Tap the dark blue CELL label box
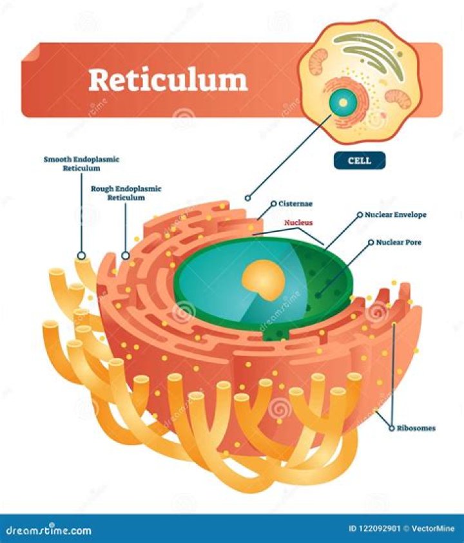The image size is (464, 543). point(359,160)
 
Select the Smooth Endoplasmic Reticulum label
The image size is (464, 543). point(82,163)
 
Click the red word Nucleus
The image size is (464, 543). point(300,222)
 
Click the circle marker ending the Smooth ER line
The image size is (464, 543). point(81,256)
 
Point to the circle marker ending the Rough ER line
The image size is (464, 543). point(126,256)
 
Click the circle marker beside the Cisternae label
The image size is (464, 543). point(273,204)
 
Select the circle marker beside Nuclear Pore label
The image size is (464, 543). point(371,243)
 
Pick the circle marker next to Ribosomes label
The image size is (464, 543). point(391,427)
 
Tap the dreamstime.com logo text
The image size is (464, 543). point(48,530)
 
